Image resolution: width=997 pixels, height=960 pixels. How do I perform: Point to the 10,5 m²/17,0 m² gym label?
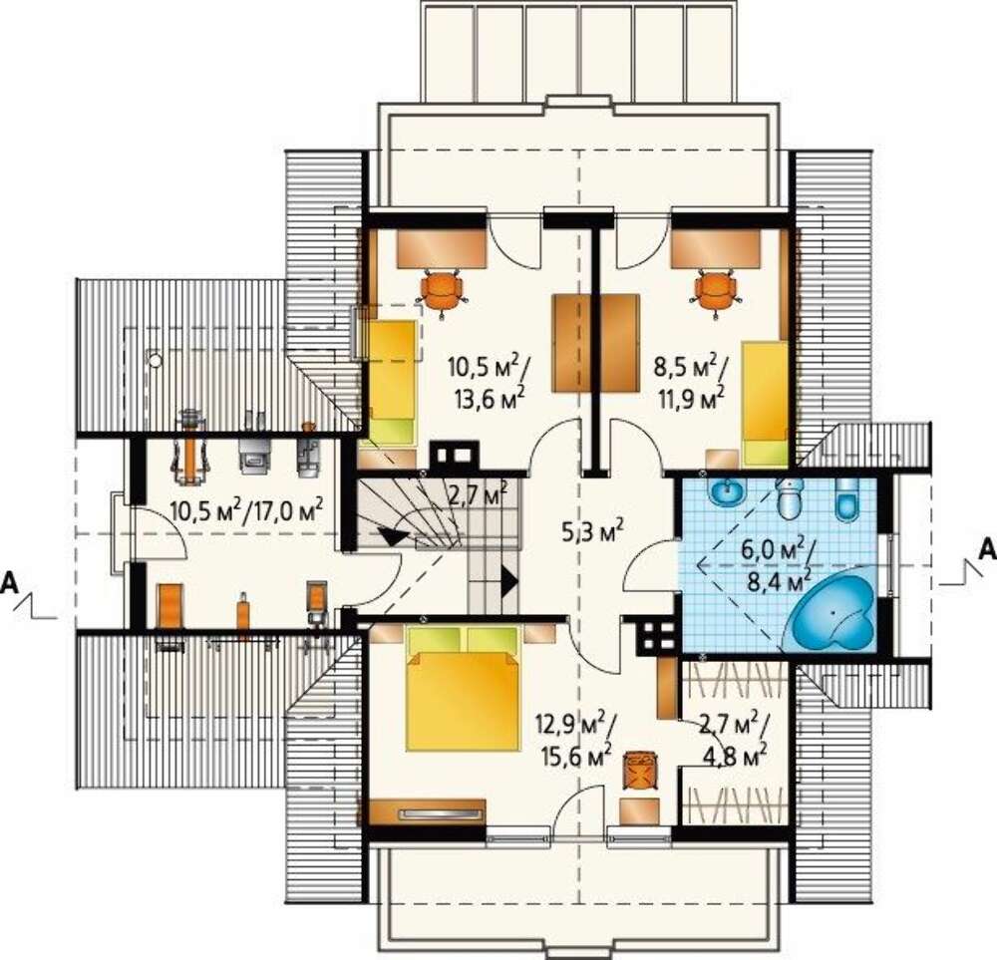pos(247,509)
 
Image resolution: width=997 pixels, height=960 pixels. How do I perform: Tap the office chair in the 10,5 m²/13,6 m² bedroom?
pos(444,289)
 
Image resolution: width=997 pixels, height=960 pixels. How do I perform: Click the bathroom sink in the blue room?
pos(726,490)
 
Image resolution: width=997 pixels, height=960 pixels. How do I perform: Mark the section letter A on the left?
pos(10,582)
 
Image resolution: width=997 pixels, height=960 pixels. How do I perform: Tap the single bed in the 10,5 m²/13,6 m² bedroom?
pos(394,382)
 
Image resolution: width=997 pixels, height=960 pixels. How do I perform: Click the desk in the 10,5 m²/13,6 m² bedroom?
pos(442,248)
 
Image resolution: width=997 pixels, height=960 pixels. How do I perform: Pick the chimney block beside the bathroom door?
pos(656,634)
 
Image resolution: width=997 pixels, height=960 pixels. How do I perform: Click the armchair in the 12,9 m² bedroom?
pos(639,772)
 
